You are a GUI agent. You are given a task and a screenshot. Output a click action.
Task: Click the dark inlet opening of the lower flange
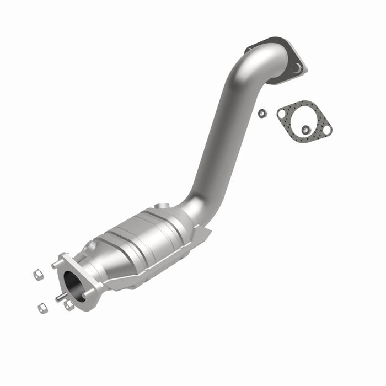click(73, 286)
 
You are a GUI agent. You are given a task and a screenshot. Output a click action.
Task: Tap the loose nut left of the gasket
click(262, 113)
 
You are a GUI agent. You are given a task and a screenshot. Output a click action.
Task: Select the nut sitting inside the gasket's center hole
click(305, 130)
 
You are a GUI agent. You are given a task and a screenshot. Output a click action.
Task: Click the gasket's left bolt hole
click(282, 114)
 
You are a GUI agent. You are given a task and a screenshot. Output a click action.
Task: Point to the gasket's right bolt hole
click(326, 130)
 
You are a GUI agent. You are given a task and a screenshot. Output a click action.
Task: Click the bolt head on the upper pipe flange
click(297, 68)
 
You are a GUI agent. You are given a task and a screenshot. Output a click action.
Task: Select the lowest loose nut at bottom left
click(42, 308)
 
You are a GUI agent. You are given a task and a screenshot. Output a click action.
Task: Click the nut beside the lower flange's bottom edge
click(69, 305)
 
